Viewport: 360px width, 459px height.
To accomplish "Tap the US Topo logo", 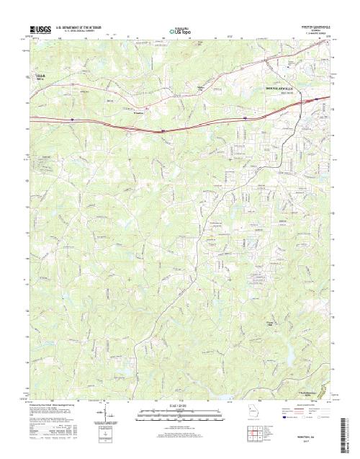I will pos(180,31).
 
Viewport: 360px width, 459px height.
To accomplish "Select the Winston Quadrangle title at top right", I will pos(317,25).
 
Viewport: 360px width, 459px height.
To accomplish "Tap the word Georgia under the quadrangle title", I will pos(317,29).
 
